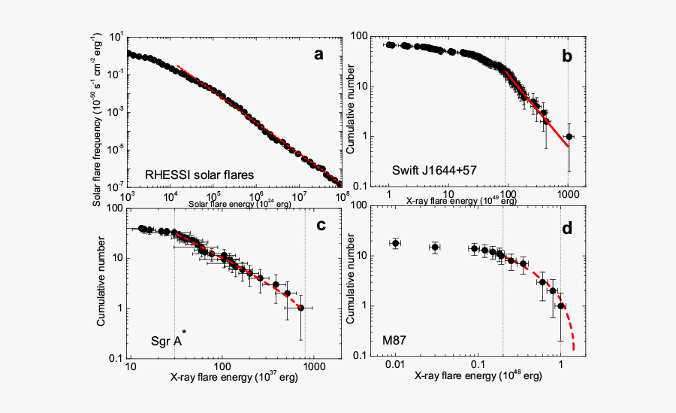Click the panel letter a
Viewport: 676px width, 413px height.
(319, 54)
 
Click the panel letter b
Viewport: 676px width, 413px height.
(567, 56)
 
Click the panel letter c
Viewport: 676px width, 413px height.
(319, 224)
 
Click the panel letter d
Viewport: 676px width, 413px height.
(567, 224)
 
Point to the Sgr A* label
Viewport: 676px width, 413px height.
(167, 342)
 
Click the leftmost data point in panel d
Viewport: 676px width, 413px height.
(395, 244)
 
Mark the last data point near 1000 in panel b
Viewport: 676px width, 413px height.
(569, 136)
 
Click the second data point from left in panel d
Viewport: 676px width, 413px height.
(435, 247)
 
